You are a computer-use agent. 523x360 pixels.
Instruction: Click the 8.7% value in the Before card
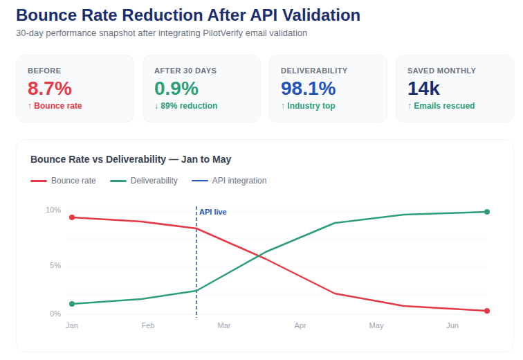49,89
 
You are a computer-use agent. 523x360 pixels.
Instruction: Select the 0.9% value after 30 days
176,89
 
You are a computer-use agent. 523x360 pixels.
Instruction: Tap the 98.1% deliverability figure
309,89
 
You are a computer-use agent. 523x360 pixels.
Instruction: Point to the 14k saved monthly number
423,89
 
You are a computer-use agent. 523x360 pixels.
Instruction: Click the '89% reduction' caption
186,106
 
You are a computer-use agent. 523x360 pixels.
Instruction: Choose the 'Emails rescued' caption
441,106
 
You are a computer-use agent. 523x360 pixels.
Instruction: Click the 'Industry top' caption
308,106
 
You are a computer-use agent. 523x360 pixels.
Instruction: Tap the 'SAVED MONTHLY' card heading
441,71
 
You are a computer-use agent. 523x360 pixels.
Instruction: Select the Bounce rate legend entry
63,181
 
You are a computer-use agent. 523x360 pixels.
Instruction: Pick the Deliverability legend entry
144,181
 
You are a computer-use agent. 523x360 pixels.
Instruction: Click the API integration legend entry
229,181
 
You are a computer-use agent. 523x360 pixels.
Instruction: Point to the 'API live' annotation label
213,212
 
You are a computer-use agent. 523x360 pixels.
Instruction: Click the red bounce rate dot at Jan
72,217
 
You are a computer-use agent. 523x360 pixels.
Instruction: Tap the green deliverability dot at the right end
487,212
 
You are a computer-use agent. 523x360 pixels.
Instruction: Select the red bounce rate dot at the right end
487,311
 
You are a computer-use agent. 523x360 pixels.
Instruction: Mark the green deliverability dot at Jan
72,304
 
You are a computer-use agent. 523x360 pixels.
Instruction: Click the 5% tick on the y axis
55,266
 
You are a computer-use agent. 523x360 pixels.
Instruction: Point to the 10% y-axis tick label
53,210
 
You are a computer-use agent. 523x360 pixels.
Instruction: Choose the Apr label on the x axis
300,325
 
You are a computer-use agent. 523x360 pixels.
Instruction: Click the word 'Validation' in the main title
321,15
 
